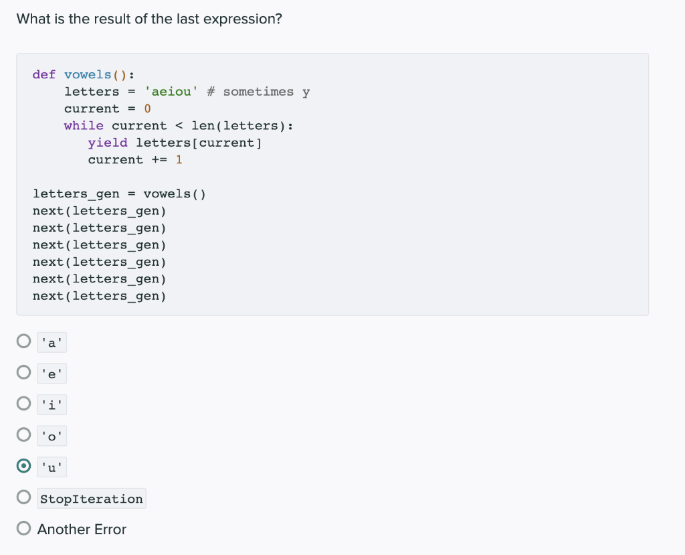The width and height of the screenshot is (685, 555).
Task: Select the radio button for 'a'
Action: tap(24, 342)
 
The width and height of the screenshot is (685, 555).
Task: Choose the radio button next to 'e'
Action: tap(24, 373)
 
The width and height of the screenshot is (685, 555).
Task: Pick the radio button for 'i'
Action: tap(24, 404)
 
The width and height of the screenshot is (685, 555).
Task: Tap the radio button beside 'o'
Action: tap(24, 435)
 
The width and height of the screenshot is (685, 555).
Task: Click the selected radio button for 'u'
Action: tap(24, 466)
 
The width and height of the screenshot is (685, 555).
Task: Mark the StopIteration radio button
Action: tap(24, 497)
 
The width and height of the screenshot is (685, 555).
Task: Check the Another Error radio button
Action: tap(24, 529)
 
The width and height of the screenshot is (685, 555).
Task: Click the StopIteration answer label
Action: tap(92, 499)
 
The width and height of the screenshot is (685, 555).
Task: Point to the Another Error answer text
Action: tap(82, 529)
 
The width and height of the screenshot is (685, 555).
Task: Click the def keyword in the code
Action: tap(44, 74)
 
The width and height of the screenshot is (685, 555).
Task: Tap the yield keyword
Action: tap(108, 143)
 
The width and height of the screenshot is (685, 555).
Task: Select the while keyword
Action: tap(84, 126)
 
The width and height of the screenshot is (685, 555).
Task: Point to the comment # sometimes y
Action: tap(258, 92)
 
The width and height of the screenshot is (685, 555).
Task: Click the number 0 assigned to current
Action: tap(148, 108)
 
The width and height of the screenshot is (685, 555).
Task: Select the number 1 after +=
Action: tap(179, 159)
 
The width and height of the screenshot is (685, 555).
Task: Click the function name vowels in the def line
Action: tap(88, 74)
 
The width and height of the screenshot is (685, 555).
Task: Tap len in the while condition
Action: tap(203, 126)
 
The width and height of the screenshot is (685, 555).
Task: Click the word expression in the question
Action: tap(245, 19)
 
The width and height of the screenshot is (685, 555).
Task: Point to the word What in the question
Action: tap(33, 19)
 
